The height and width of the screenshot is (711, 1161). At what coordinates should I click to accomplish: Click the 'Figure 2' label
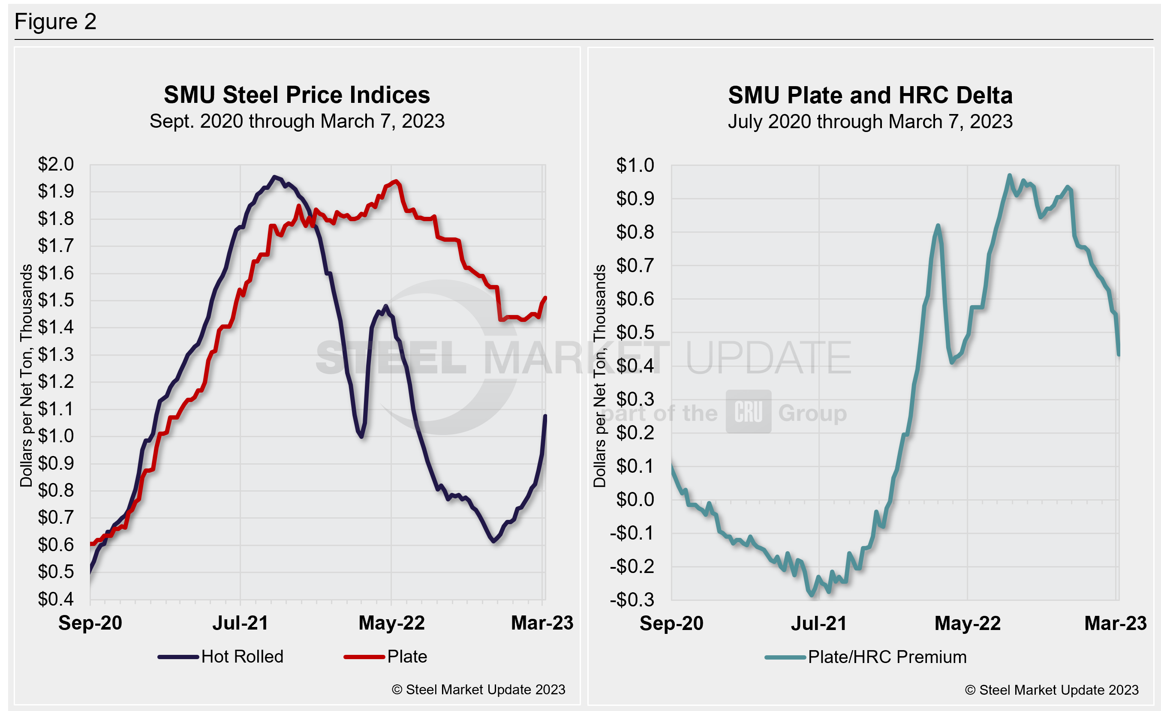(56, 22)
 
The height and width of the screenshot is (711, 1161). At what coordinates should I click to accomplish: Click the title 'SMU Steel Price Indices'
(297, 95)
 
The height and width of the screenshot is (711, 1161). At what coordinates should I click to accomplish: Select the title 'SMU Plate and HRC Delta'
(870, 95)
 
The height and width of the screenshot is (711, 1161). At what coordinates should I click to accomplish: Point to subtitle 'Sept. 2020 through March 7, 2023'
(297, 121)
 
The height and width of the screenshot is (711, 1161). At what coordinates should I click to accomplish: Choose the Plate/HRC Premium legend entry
(866, 657)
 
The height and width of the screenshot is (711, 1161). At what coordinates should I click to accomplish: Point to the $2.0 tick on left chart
(56, 164)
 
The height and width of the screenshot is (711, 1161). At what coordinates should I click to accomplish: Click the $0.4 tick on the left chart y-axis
(56, 599)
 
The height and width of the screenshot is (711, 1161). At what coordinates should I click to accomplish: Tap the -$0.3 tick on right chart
(632, 600)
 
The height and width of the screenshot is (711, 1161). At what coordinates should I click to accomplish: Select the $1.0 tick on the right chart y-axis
(635, 165)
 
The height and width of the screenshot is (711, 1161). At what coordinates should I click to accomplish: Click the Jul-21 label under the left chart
(241, 623)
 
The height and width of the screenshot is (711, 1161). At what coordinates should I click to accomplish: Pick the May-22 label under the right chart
(967, 624)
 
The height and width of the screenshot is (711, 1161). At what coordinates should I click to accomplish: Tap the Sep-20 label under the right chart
(671, 624)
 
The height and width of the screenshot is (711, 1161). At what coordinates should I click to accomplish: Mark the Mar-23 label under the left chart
(542, 623)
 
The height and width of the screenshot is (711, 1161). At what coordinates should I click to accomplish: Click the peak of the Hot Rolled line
(274, 177)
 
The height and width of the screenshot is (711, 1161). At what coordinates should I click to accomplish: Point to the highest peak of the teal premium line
(1009, 175)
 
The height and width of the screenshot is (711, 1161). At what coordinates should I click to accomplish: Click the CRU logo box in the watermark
(748, 411)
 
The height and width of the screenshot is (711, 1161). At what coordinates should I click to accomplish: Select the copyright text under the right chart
(1052, 690)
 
